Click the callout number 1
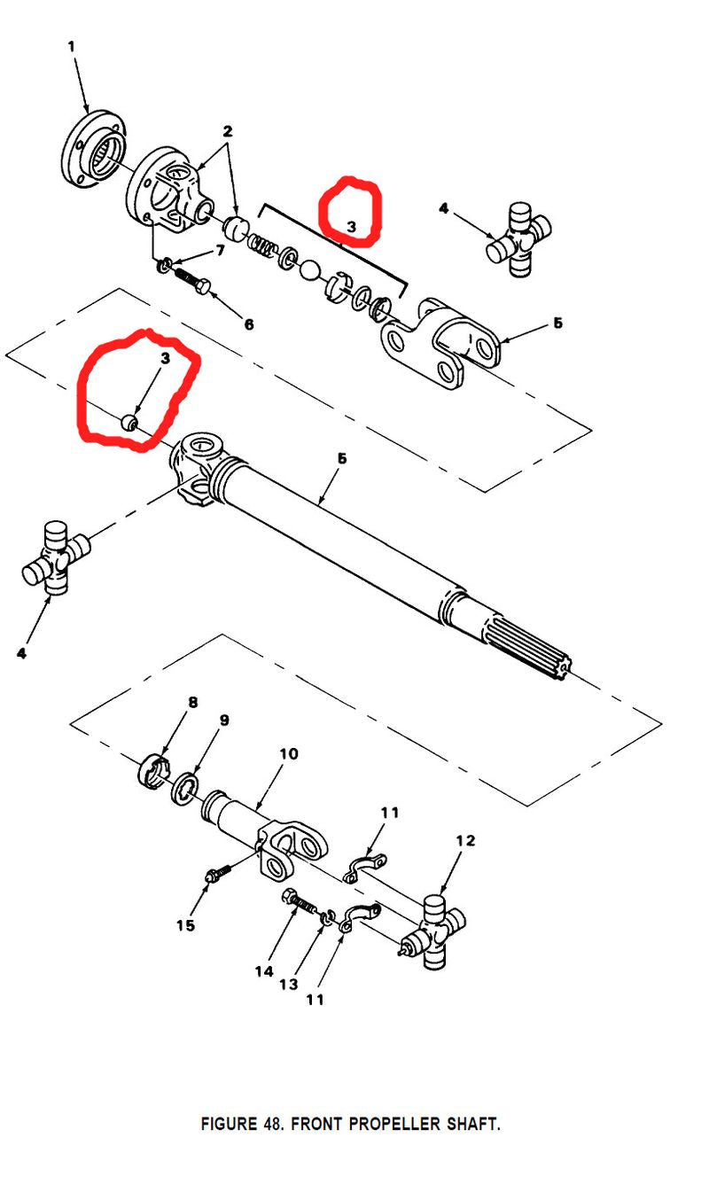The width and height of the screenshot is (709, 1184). pos(72,46)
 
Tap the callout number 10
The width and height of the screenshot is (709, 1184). pos(289,753)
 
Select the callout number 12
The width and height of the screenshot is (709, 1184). pos(465,840)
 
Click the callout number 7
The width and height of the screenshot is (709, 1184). pos(220,250)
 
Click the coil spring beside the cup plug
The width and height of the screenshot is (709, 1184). pos(261,244)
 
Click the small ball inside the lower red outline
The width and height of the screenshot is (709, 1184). pos(129,423)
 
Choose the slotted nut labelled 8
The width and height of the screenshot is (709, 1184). pos(152,771)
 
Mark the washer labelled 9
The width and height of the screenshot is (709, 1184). pos(184,788)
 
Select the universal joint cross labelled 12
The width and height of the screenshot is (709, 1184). pos(432,931)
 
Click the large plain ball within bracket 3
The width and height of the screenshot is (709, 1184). pos(310,269)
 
